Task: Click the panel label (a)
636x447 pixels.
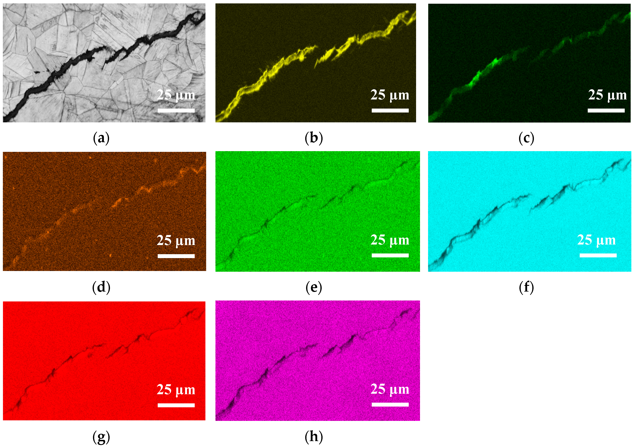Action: click(x=101, y=138)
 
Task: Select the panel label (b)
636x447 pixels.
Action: click(x=314, y=138)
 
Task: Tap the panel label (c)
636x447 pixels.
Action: click(x=526, y=138)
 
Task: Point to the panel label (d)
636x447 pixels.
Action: click(x=101, y=287)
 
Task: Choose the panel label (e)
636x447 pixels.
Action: click(x=314, y=287)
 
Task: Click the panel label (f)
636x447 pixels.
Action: click(x=526, y=287)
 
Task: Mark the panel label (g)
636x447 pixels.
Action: click(x=101, y=437)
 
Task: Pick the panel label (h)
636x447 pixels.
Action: click(x=314, y=437)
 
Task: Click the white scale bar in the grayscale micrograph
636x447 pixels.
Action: click(x=176, y=111)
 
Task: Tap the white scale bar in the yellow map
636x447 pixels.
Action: click(x=390, y=111)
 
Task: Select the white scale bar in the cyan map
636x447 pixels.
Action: click(x=598, y=255)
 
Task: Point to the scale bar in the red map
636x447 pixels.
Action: click(x=176, y=405)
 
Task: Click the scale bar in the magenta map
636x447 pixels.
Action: click(x=390, y=405)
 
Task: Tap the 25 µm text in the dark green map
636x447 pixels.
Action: click(x=607, y=95)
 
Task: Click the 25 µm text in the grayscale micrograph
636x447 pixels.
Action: click(x=176, y=95)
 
